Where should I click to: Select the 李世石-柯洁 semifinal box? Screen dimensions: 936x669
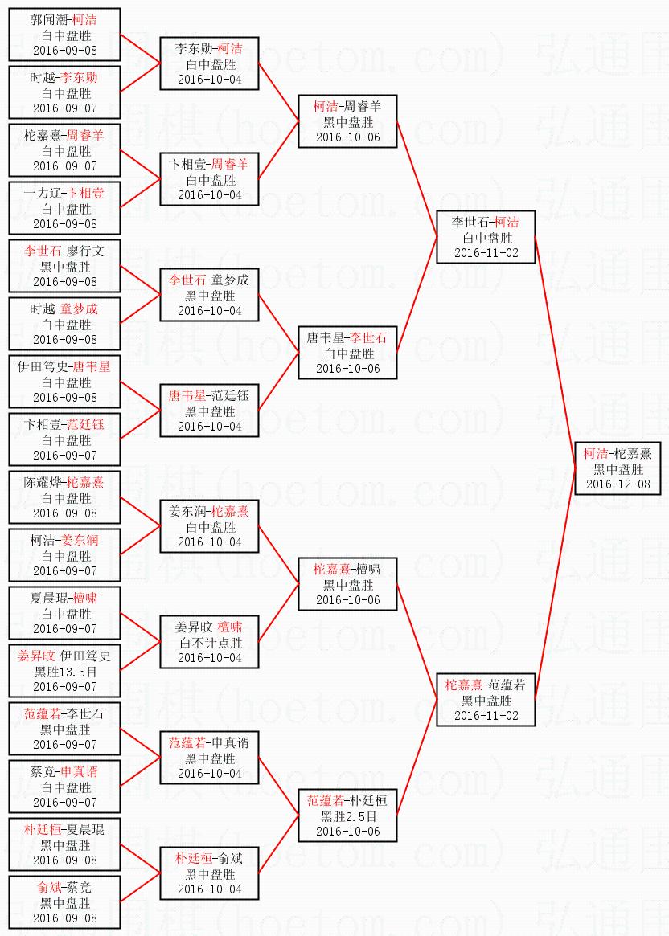(x=485, y=237)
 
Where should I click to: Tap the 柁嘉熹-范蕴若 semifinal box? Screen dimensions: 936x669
(x=485, y=700)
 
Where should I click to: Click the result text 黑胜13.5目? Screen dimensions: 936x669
(x=65, y=671)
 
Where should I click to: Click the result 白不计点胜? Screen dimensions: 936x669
(x=210, y=642)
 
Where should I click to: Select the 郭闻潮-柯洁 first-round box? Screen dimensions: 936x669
(x=65, y=35)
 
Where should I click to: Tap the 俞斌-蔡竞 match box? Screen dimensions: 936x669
(x=65, y=902)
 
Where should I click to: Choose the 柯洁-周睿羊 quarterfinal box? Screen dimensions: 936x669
(x=348, y=121)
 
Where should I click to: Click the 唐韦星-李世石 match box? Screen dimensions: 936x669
(x=348, y=353)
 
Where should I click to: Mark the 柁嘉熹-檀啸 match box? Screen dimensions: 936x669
(x=348, y=584)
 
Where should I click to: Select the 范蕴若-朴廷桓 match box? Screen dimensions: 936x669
(x=348, y=815)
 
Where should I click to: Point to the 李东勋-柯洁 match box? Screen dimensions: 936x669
(x=210, y=63)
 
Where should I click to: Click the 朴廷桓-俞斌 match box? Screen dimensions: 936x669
(x=210, y=873)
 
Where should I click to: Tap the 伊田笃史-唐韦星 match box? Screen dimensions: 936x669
(x=65, y=382)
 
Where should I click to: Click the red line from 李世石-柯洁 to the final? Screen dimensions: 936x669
(x=555, y=353)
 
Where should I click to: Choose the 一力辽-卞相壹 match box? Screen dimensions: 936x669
(x=65, y=208)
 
